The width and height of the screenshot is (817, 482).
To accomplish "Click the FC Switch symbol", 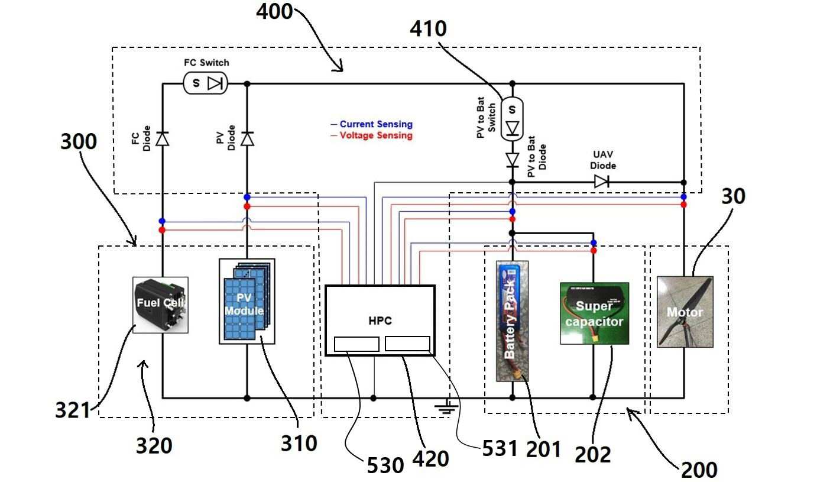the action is (x=205, y=83).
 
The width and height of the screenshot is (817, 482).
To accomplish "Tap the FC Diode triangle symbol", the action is (x=163, y=139).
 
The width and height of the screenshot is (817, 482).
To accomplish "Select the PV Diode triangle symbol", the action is (x=247, y=139).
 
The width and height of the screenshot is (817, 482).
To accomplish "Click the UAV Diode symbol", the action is (x=601, y=182).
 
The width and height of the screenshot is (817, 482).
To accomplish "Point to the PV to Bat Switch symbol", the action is (x=512, y=119).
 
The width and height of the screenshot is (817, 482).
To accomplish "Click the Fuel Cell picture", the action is (x=160, y=305).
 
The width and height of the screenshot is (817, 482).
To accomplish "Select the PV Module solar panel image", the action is (x=247, y=302).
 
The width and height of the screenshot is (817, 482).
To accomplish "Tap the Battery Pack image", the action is (x=512, y=321).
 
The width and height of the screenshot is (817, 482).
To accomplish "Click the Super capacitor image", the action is (x=595, y=313).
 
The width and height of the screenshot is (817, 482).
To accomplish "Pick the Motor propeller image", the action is (x=685, y=312).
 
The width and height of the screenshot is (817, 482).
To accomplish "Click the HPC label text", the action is (x=380, y=321).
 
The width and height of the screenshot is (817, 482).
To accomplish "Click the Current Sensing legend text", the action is (x=376, y=124).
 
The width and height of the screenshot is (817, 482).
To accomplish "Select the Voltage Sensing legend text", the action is (x=376, y=135).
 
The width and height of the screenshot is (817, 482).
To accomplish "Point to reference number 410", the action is (x=428, y=28).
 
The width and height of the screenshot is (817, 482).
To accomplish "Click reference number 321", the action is (x=73, y=410).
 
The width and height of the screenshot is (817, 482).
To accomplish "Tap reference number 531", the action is (x=500, y=448).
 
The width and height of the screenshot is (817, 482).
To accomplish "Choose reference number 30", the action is (x=734, y=196).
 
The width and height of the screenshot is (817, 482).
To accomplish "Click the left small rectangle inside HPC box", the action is (x=356, y=344).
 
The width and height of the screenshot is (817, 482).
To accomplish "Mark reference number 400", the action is (x=274, y=11).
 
